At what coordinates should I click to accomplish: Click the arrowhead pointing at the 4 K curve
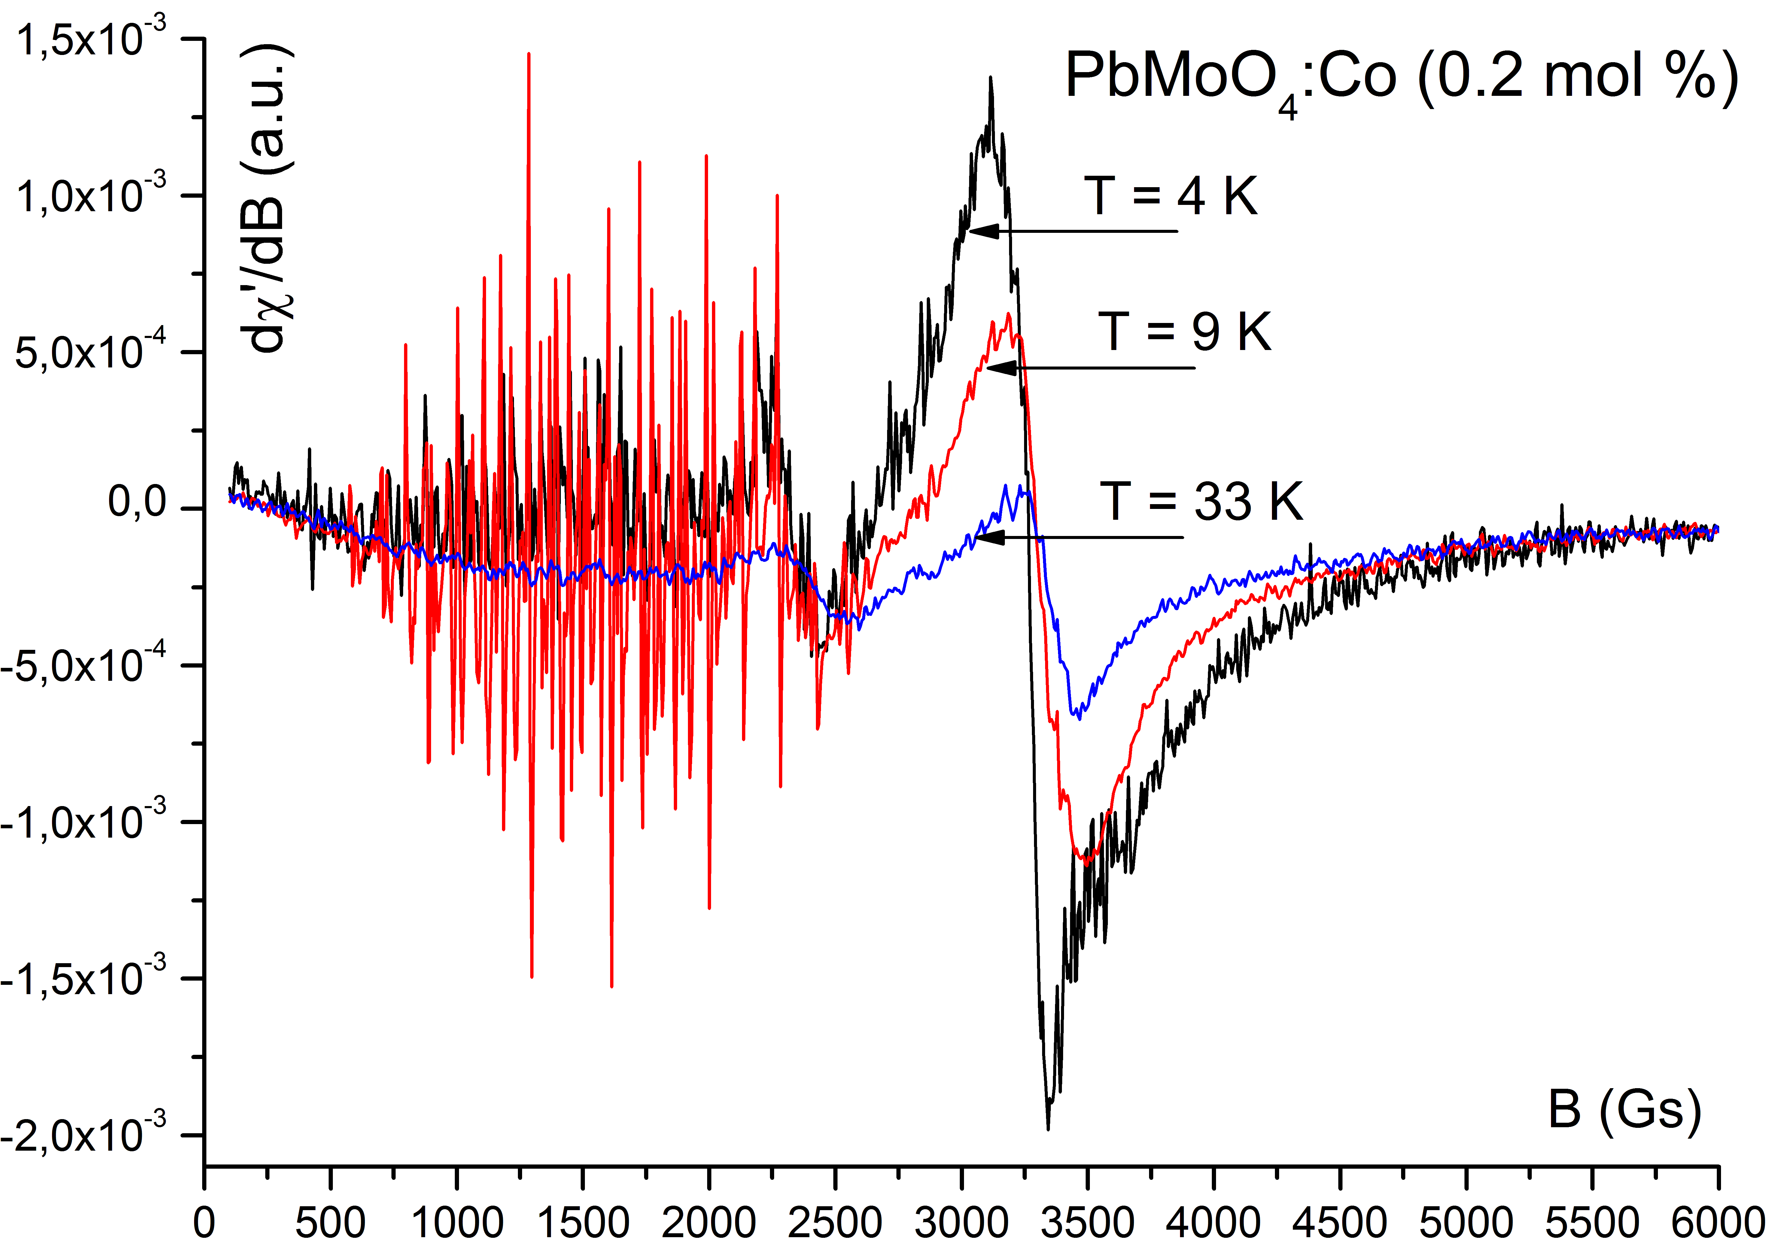pos(983,230)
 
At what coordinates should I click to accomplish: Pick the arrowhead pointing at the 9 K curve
pos(1001,367)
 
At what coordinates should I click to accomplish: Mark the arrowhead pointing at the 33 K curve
pos(989,537)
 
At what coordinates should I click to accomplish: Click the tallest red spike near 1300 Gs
pos(529,54)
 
